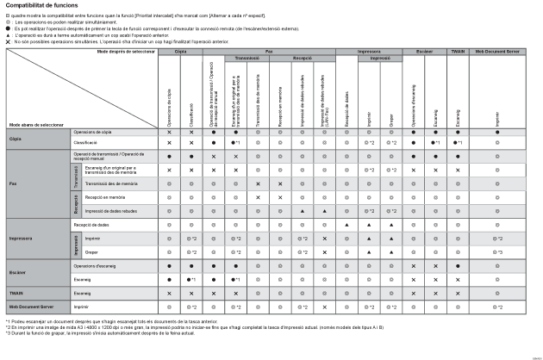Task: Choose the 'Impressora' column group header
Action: click(x=369, y=52)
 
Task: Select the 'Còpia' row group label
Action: click(x=16, y=138)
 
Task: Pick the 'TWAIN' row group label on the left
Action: click(x=16, y=293)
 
